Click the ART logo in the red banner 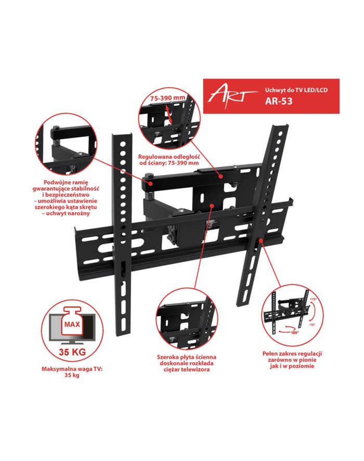coord(232,95)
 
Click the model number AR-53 coord(279,101)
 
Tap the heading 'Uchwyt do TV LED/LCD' coord(296,90)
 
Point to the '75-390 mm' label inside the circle coord(168,98)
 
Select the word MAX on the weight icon coord(72,325)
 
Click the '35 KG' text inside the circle coord(72,352)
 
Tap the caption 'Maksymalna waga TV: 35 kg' coord(72,372)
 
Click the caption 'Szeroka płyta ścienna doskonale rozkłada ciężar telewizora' coord(187,363)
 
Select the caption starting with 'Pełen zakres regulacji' coord(292,360)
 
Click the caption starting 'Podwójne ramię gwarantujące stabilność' coord(66,198)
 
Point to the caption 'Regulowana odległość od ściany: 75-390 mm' coord(169,160)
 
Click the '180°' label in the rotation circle coord(295,332)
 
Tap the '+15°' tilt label coord(313,299)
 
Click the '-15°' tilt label coord(312,325)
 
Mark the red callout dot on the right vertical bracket coord(261,240)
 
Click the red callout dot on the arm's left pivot coord(150,183)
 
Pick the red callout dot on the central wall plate coord(212,205)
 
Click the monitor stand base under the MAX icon coord(72,343)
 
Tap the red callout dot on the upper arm coord(220,176)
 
